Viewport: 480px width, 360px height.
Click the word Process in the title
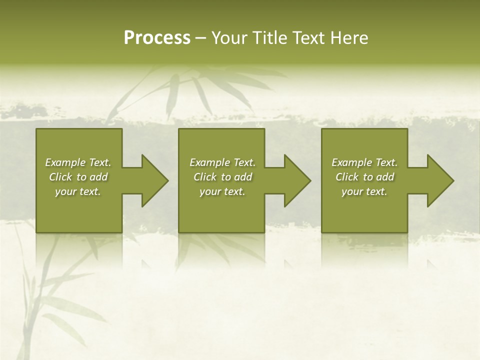pyautogui.click(x=157, y=38)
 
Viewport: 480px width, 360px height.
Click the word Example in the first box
pyautogui.click(x=65, y=162)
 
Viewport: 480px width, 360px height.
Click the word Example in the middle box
pyautogui.click(x=210, y=162)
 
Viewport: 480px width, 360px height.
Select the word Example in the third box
pyautogui.click(x=352, y=162)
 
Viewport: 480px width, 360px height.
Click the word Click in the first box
pyautogui.click(x=60, y=177)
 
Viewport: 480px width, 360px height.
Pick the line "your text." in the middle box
pyautogui.click(x=222, y=191)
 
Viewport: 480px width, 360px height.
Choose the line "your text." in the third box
pyautogui.click(x=364, y=191)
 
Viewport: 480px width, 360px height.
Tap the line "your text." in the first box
pyautogui.click(x=78, y=191)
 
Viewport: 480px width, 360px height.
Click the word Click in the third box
pyautogui.click(x=347, y=177)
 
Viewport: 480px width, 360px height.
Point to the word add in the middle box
pyautogui.click(x=242, y=177)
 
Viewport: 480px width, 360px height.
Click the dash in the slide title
pyautogui.click(x=200, y=38)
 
